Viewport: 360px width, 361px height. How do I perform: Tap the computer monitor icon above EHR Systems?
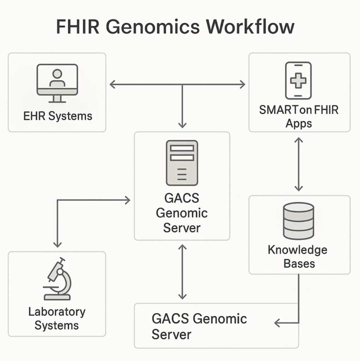click(x=57, y=83)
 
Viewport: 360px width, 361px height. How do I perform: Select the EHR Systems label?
click(x=57, y=116)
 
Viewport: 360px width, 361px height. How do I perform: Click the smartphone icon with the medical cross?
click(x=298, y=81)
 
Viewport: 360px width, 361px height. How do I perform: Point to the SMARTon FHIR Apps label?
click(x=299, y=116)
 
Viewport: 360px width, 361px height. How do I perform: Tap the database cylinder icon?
click(x=298, y=220)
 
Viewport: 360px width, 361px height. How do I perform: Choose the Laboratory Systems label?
click(x=57, y=318)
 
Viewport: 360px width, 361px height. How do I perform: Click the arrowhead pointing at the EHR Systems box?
click(x=112, y=84)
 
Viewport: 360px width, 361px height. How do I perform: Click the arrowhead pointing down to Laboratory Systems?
click(x=57, y=244)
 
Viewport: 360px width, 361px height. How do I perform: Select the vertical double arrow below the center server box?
click(x=182, y=271)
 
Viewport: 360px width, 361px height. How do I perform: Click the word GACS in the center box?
click(x=182, y=198)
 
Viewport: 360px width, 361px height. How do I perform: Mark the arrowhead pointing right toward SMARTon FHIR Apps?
click(x=242, y=84)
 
